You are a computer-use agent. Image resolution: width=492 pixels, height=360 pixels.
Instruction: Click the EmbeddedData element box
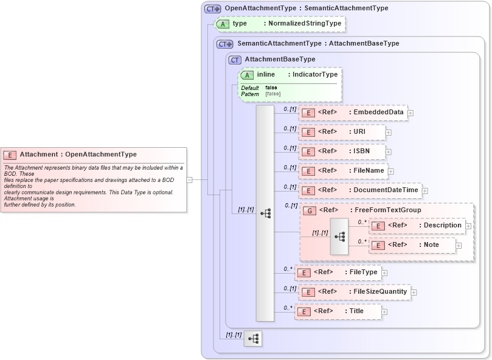point(353,112)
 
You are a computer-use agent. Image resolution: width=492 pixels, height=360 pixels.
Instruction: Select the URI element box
point(341,132)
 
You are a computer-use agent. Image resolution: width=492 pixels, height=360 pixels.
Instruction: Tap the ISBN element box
point(342,151)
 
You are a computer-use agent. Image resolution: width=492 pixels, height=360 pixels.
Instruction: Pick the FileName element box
point(343,171)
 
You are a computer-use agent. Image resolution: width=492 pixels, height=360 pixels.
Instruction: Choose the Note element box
point(412,245)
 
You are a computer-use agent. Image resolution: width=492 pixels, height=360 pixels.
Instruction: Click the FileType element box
point(338,272)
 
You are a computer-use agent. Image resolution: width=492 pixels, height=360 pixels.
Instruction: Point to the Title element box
point(338,311)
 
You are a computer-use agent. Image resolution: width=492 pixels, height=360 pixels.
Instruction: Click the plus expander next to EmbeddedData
point(411,113)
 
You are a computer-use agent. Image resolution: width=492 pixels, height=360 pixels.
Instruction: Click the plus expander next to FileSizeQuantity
point(414,292)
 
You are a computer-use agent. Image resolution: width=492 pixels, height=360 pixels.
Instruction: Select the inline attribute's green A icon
point(248,75)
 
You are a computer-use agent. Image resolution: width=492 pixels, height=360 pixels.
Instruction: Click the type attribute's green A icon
point(223,24)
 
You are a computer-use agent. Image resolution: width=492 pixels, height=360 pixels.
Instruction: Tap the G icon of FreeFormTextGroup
point(310,210)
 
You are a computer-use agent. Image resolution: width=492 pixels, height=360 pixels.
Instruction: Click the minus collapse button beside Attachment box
point(190,179)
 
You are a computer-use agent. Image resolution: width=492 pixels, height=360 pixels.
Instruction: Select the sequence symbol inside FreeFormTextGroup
point(339,236)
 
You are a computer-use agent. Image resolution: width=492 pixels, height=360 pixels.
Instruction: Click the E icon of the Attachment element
point(10,155)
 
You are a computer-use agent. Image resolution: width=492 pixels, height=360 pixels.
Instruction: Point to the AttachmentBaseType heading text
point(280,60)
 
